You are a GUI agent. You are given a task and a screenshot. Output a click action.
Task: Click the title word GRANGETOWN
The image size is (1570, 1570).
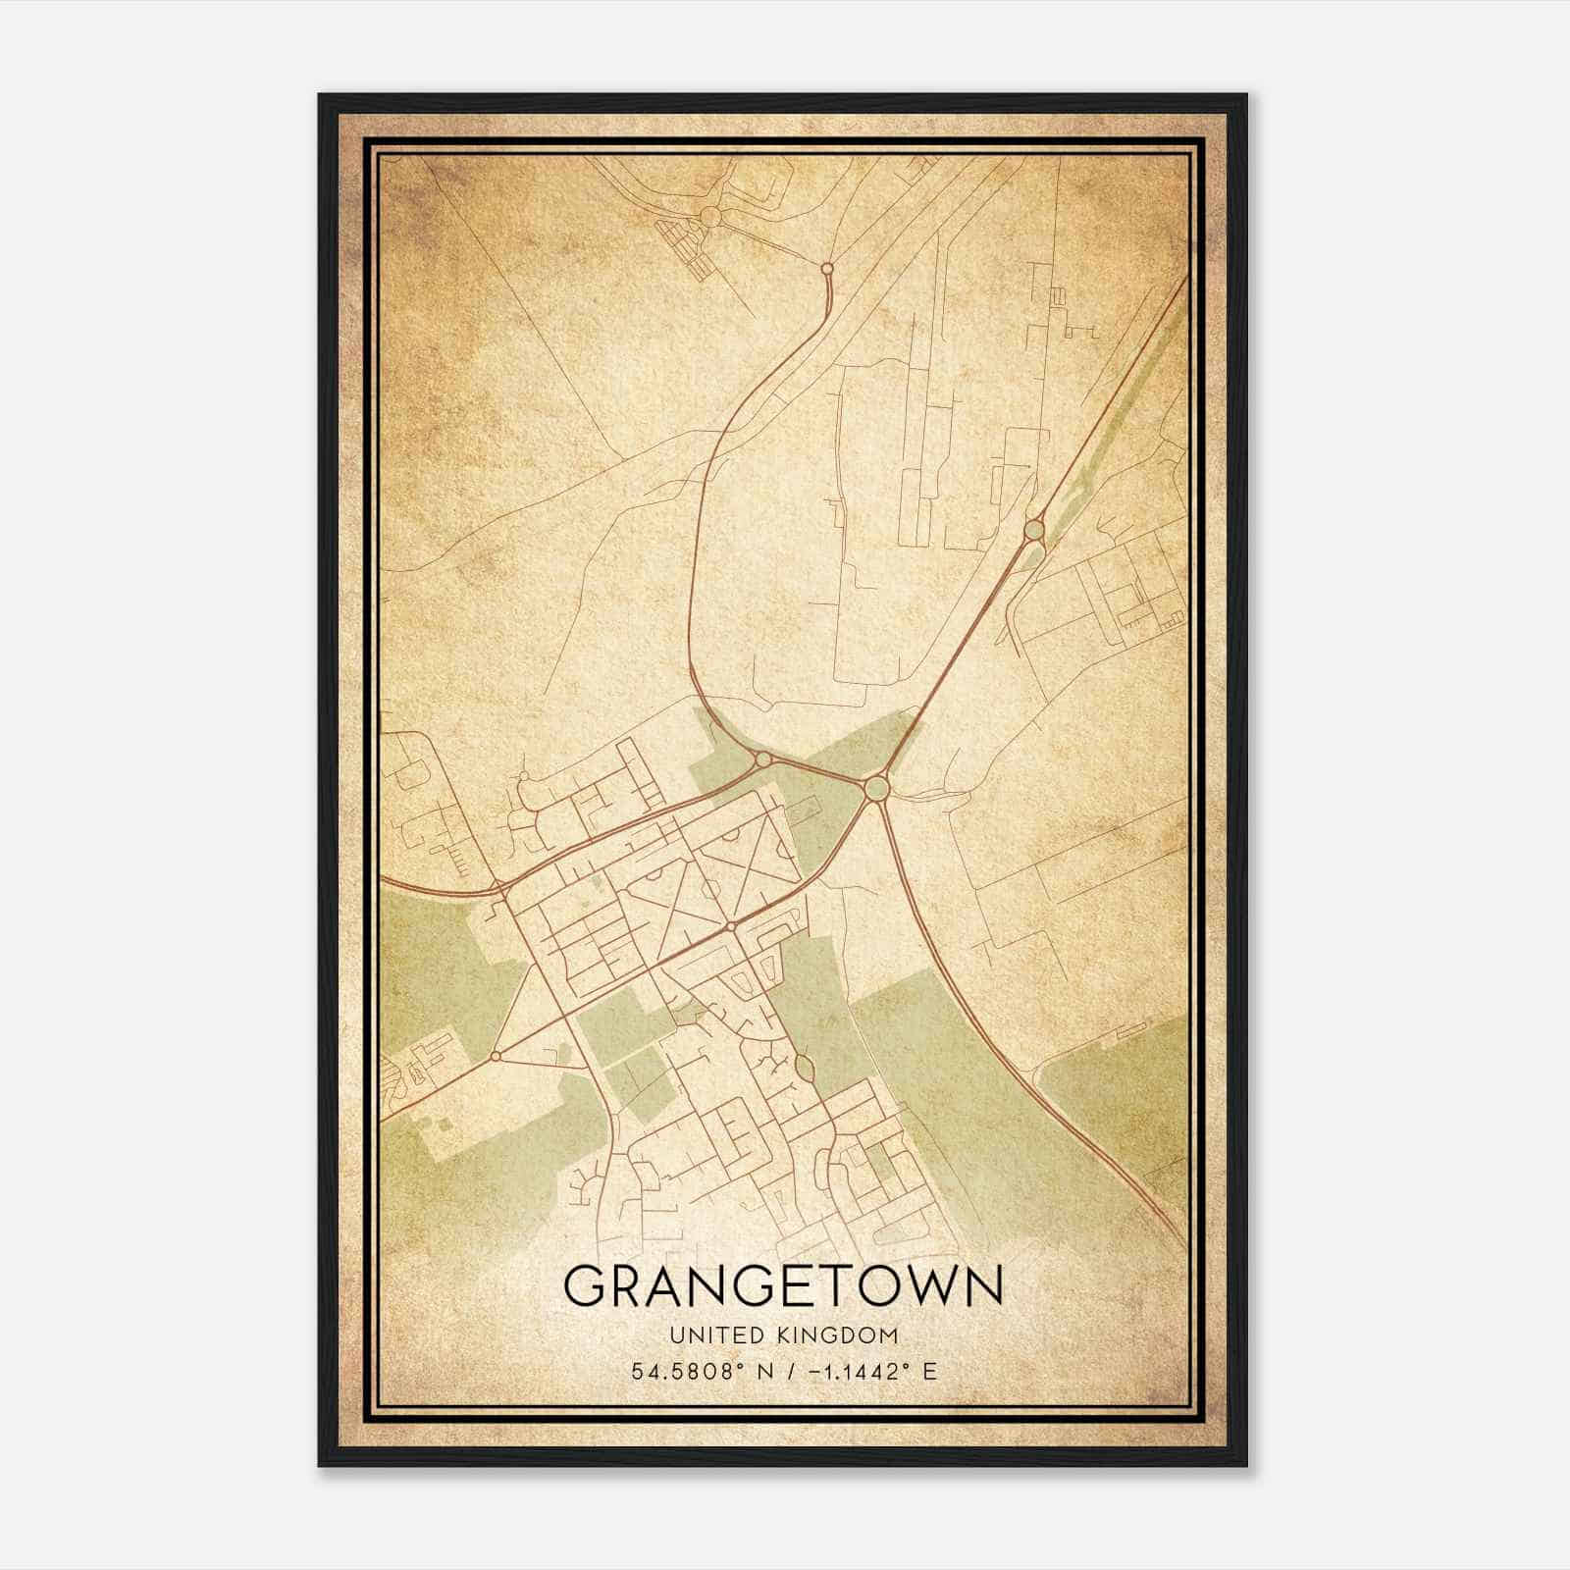point(783,1285)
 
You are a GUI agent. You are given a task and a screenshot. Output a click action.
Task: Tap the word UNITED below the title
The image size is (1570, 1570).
point(703,1335)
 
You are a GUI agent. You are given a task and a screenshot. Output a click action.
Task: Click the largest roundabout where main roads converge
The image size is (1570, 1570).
point(876,788)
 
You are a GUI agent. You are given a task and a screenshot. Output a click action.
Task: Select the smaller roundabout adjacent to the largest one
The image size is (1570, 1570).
point(762,759)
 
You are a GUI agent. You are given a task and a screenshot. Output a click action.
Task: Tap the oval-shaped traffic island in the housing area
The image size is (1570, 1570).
point(804,1067)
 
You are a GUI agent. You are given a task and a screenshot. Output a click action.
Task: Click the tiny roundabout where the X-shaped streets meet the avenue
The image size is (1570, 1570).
point(731,926)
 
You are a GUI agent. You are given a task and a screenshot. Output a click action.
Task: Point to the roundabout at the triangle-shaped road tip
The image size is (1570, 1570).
point(496,1056)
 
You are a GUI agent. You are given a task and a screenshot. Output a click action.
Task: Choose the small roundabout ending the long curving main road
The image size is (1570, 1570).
point(827,267)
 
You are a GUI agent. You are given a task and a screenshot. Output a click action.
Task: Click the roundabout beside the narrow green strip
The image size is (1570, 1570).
point(1033,530)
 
